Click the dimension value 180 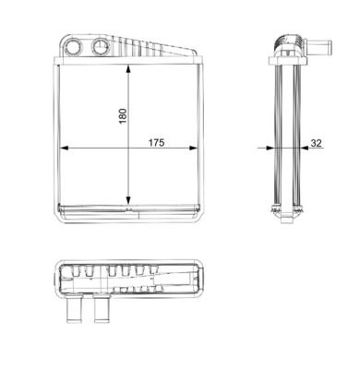pyautogui.click(x=123, y=116)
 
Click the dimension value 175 pyautogui.click(x=157, y=143)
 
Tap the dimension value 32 pyautogui.click(x=316, y=143)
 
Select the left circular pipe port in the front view pyautogui.click(x=74, y=47)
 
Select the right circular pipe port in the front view pyautogui.click(x=101, y=47)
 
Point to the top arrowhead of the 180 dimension pyautogui.click(x=128, y=68)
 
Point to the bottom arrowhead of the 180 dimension pyautogui.click(x=128, y=200)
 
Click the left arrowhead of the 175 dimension pyautogui.click(x=64, y=148)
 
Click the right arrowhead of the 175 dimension pyautogui.click(x=194, y=148)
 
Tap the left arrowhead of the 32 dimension pyautogui.click(x=270, y=148)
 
